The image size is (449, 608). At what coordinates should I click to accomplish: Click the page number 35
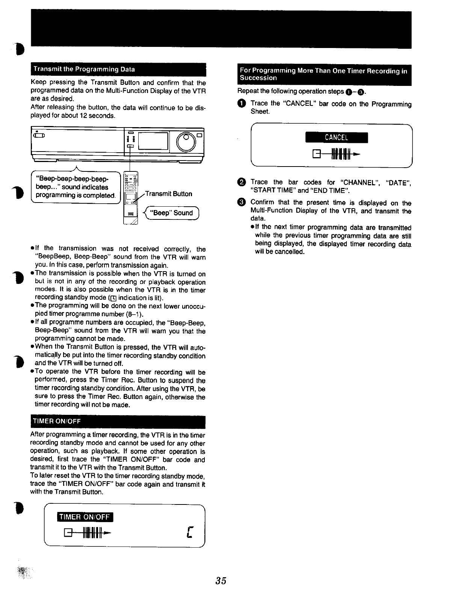tap(221, 581)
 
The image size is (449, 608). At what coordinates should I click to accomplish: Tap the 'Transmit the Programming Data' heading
tap(84, 69)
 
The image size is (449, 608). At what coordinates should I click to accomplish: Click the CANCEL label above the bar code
tap(336, 138)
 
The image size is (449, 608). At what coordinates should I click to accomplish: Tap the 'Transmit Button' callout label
tap(168, 194)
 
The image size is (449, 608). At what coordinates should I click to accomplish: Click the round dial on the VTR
tap(186, 141)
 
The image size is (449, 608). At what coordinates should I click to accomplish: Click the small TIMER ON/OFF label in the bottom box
tap(85, 517)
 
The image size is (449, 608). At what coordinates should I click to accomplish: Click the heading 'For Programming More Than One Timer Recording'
tap(324, 74)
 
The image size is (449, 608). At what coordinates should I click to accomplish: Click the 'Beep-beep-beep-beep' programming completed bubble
tap(75, 187)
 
